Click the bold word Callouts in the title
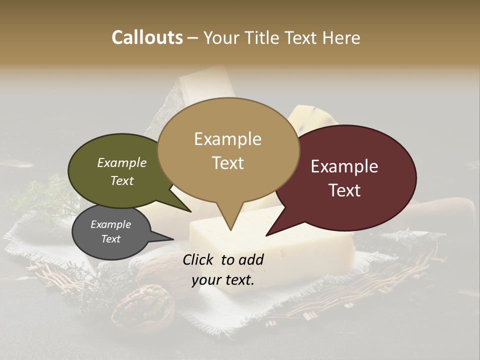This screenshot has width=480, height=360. click(147, 37)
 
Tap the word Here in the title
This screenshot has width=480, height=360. click(341, 37)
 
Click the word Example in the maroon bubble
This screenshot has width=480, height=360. click(344, 166)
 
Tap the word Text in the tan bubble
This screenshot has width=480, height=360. click(228, 162)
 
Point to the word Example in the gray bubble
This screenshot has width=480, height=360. click(111, 224)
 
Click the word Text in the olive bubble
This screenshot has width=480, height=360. click(122, 180)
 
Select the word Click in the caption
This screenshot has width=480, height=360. click(198, 259)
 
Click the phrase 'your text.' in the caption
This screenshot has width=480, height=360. click(223, 280)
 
